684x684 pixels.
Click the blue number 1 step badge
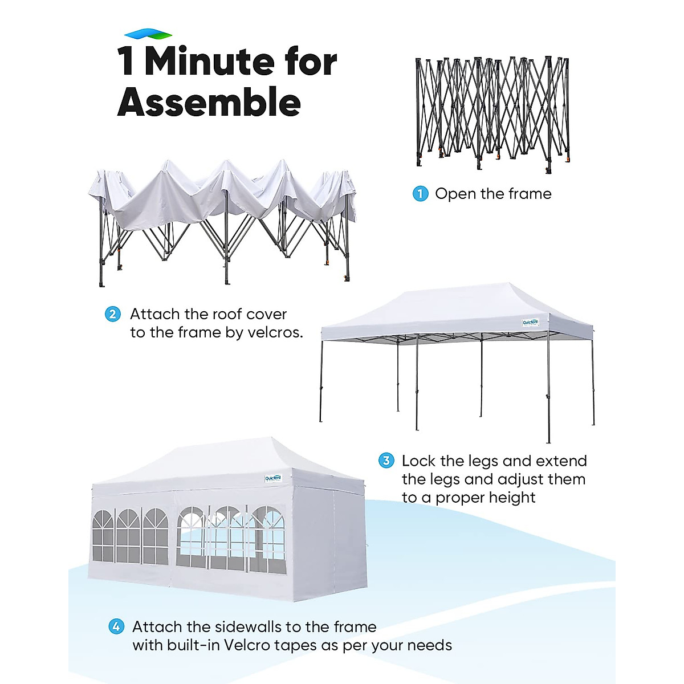pos(420,194)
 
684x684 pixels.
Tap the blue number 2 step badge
pos(113,314)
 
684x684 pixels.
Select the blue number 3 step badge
pos(386,461)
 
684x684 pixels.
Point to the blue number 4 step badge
pos(116,627)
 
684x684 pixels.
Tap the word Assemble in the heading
pos(209,103)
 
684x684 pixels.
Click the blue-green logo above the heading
pos(148,34)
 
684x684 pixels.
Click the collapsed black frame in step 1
pos(492,114)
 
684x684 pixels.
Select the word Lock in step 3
pos(419,461)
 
